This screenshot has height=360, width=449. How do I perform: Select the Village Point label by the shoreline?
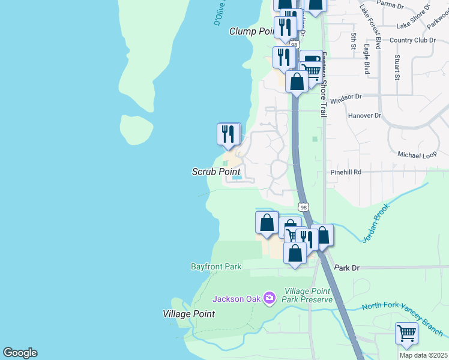point(188,314)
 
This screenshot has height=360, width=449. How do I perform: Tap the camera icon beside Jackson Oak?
point(269,297)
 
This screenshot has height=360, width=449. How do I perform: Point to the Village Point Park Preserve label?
point(309,295)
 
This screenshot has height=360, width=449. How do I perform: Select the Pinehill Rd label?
point(345,172)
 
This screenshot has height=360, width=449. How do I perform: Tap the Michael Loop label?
point(416,155)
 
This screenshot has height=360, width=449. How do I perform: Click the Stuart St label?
point(397,67)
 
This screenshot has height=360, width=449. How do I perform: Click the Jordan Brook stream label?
point(377,223)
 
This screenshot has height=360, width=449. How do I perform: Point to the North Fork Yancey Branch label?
point(402,316)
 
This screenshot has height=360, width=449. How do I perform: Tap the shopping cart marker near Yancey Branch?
point(406,333)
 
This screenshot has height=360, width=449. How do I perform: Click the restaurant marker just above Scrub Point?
point(228,134)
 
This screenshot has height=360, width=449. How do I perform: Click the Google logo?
point(20,353)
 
